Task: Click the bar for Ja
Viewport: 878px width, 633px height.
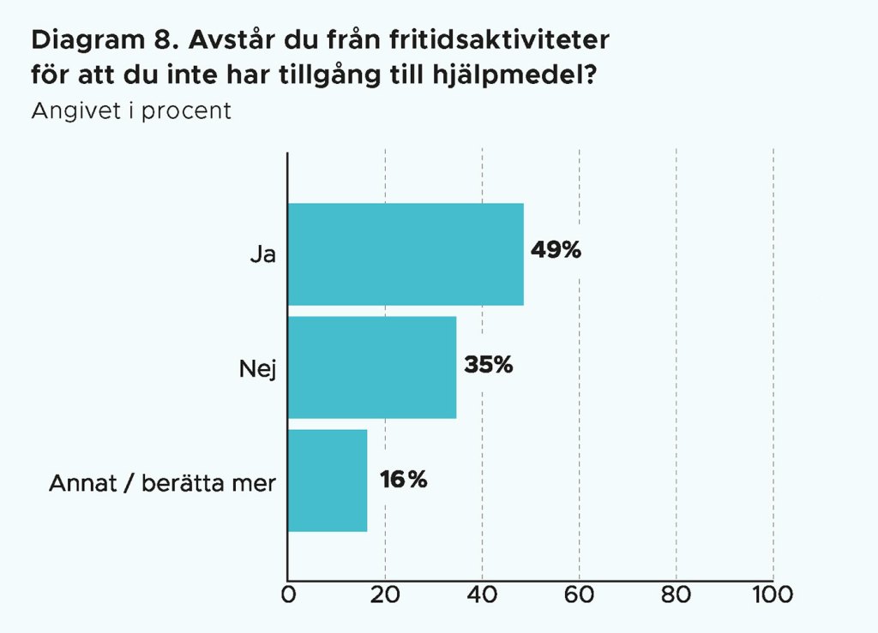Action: click(x=406, y=254)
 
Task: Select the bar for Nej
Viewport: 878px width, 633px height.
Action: click(x=372, y=367)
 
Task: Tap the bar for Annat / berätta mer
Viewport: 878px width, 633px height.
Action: click(x=328, y=481)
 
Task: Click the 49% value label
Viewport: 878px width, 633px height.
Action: click(x=556, y=251)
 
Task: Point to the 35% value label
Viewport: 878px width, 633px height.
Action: click(x=489, y=365)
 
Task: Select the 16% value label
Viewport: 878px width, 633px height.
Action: click(x=404, y=480)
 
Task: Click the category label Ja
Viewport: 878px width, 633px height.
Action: click(x=262, y=254)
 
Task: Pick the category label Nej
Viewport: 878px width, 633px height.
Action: click(x=257, y=368)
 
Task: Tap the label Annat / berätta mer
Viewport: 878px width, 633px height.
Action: click(x=162, y=483)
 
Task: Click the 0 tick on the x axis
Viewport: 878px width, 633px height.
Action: click(x=288, y=594)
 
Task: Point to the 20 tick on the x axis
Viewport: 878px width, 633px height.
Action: click(x=385, y=594)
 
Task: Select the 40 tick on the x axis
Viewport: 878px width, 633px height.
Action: click(x=482, y=594)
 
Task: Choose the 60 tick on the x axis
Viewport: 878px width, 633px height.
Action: click(x=580, y=594)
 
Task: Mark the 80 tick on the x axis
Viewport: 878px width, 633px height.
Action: click(x=677, y=594)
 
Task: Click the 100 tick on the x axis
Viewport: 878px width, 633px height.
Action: click(x=773, y=594)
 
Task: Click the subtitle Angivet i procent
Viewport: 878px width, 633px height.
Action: click(x=131, y=112)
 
